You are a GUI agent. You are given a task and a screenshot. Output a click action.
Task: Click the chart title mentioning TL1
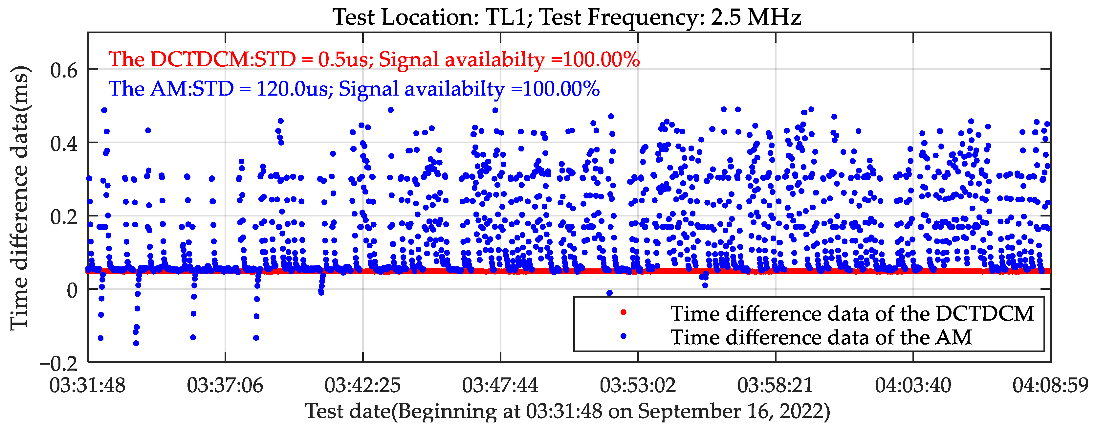[567, 17]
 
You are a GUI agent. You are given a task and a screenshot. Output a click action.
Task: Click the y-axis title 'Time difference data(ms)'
[20, 198]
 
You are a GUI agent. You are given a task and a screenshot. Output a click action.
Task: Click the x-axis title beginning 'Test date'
[568, 411]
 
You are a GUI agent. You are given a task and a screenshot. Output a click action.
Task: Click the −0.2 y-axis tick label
[59, 364]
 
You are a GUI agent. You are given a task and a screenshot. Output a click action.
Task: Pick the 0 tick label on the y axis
[72, 291]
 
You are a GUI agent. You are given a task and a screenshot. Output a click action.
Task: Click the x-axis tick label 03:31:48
[88, 386]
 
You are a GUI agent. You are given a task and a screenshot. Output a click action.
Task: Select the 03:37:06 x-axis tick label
[225, 386]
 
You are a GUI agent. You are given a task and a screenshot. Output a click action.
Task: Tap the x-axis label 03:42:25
[362, 386]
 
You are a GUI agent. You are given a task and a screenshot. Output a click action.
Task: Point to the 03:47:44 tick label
[500, 386]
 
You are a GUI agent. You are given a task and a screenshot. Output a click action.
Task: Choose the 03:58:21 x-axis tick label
[775, 386]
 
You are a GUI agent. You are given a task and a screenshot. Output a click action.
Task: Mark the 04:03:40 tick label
[913, 386]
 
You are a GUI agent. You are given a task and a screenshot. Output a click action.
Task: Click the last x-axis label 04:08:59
[1050, 386]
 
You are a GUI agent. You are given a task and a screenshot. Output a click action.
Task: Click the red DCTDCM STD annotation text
[374, 59]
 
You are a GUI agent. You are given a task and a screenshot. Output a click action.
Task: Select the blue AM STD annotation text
[354, 89]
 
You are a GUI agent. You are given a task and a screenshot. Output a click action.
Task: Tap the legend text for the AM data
[821, 337]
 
